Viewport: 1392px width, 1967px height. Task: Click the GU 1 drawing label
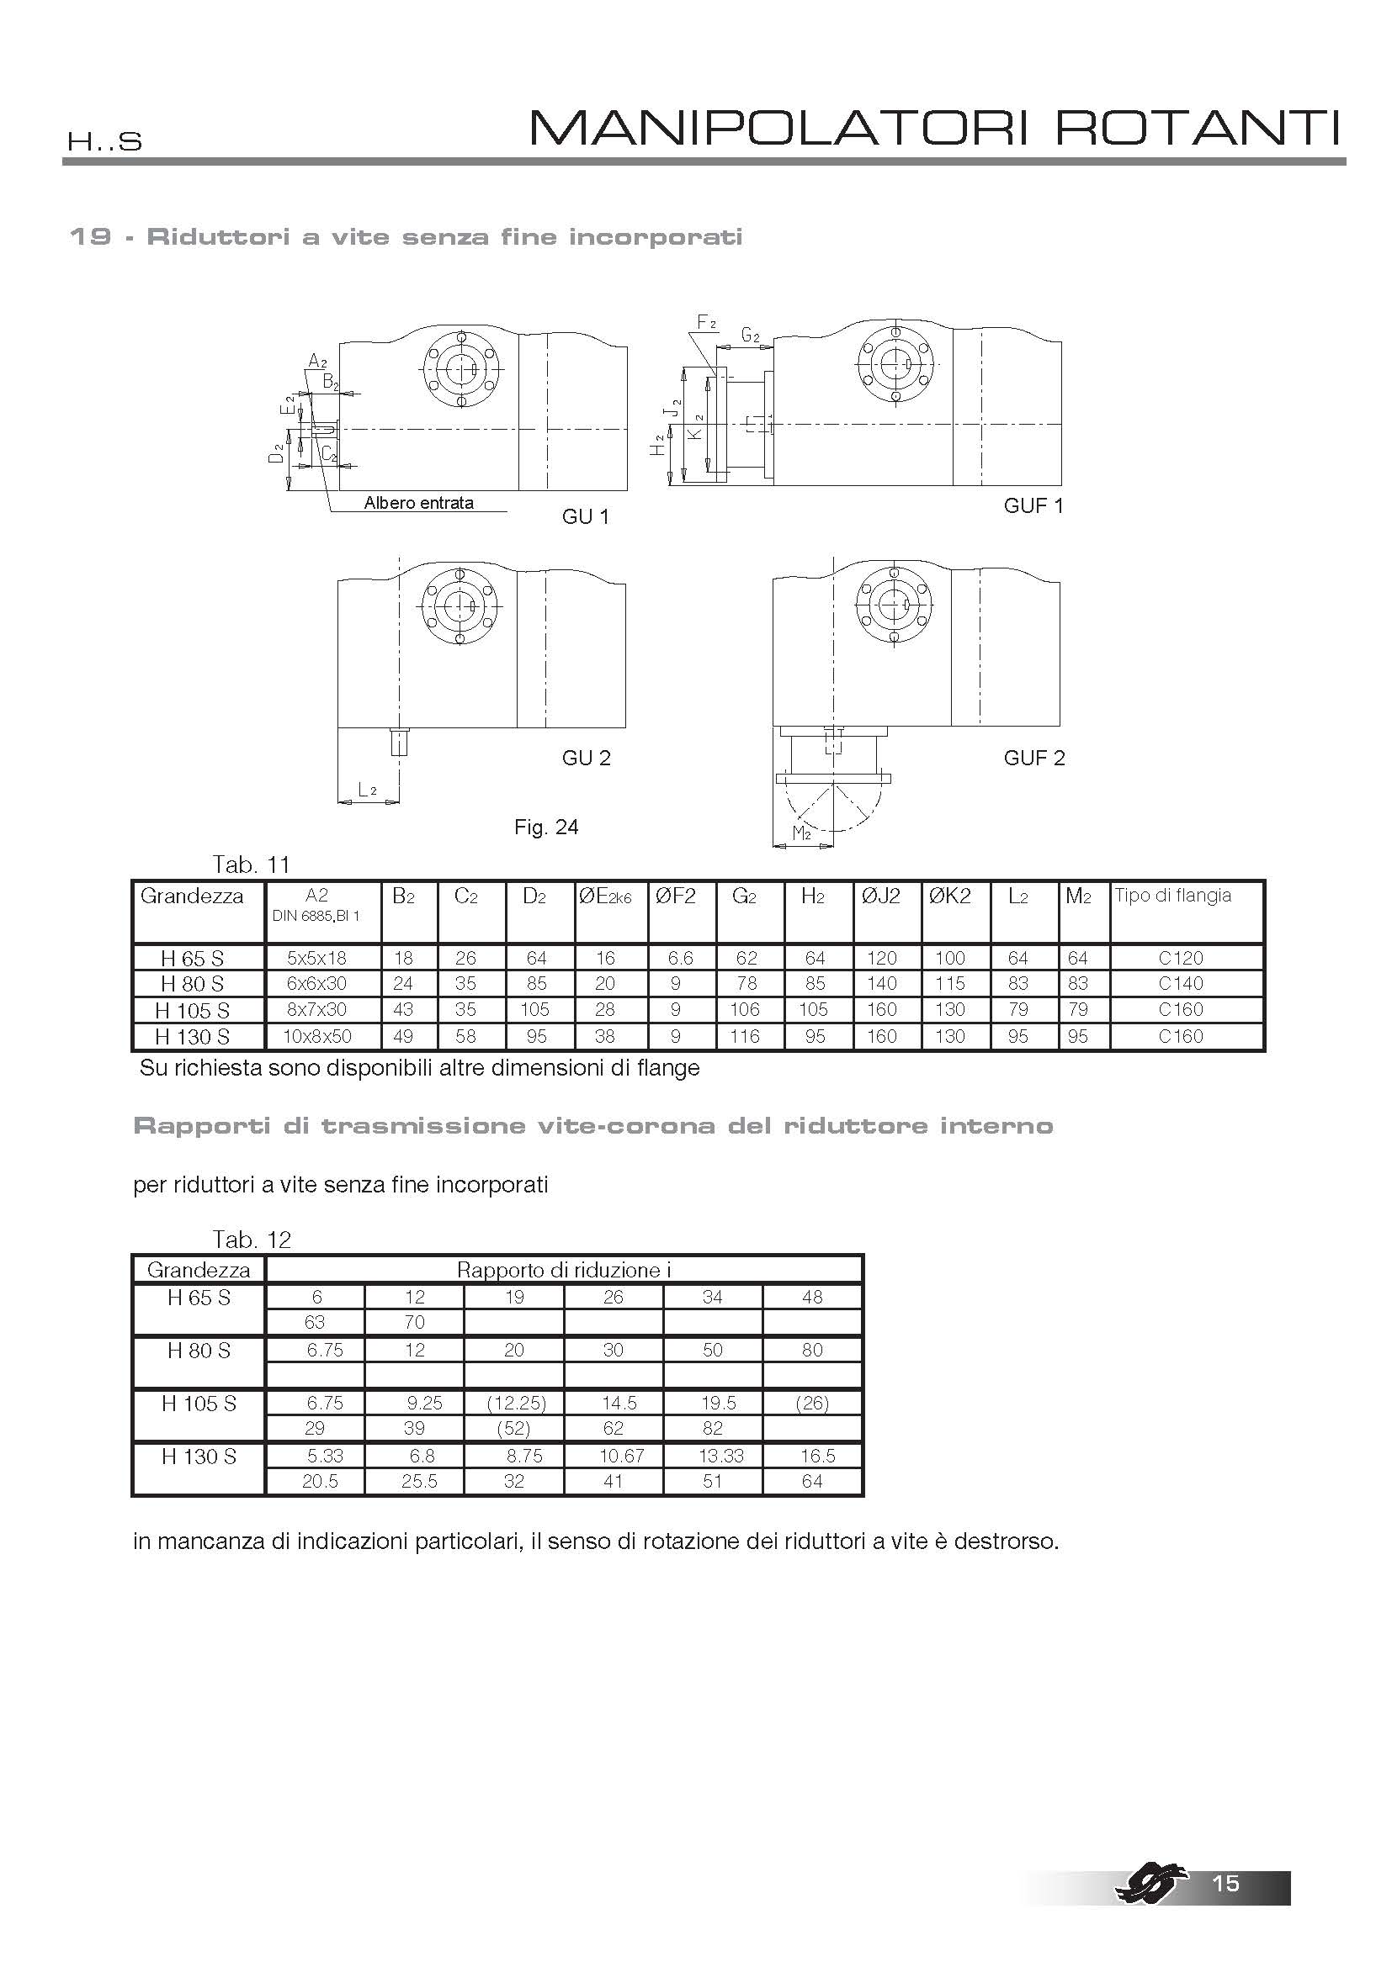(x=586, y=516)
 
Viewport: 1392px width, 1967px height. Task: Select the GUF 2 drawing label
(x=1033, y=758)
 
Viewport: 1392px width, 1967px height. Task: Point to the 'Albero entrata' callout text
(x=418, y=503)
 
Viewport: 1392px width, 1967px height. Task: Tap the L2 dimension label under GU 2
(x=367, y=790)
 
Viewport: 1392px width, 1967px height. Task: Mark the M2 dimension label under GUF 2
(x=801, y=833)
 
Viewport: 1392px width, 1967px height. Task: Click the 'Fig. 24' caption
(x=546, y=827)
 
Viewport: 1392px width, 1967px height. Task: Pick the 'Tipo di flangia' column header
(x=1172, y=896)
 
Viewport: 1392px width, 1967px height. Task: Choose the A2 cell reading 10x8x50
(x=317, y=1036)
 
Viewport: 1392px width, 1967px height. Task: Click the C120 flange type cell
(x=1180, y=958)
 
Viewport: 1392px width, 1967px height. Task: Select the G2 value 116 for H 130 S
(x=745, y=1036)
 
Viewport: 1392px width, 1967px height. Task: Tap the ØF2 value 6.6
(x=676, y=958)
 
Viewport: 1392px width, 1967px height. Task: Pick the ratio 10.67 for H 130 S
(x=621, y=1456)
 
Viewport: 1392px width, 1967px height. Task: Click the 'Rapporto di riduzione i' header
(x=563, y=1270)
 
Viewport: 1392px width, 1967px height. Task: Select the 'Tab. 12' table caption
(x=252, y=1240)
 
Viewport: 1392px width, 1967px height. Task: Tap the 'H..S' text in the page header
(x=104, y=141)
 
